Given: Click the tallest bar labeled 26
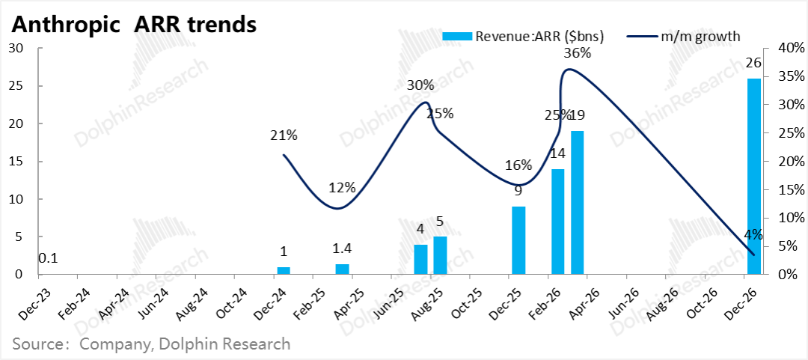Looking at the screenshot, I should (x=754, y=177).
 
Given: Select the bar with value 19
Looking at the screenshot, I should (x=578, y=202).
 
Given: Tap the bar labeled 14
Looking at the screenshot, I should (x=557, y=222).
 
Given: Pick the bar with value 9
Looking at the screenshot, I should (x=518, y=240).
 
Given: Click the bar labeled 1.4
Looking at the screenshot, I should (x=342, y=269).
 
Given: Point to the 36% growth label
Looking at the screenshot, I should (x=577, y=53).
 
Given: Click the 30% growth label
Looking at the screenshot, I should (x=420, y=85).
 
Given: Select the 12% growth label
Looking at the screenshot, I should (x=342, y=187).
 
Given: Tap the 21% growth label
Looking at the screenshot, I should (x=284, y=135).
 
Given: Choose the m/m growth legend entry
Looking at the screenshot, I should (x=700, y=35).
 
